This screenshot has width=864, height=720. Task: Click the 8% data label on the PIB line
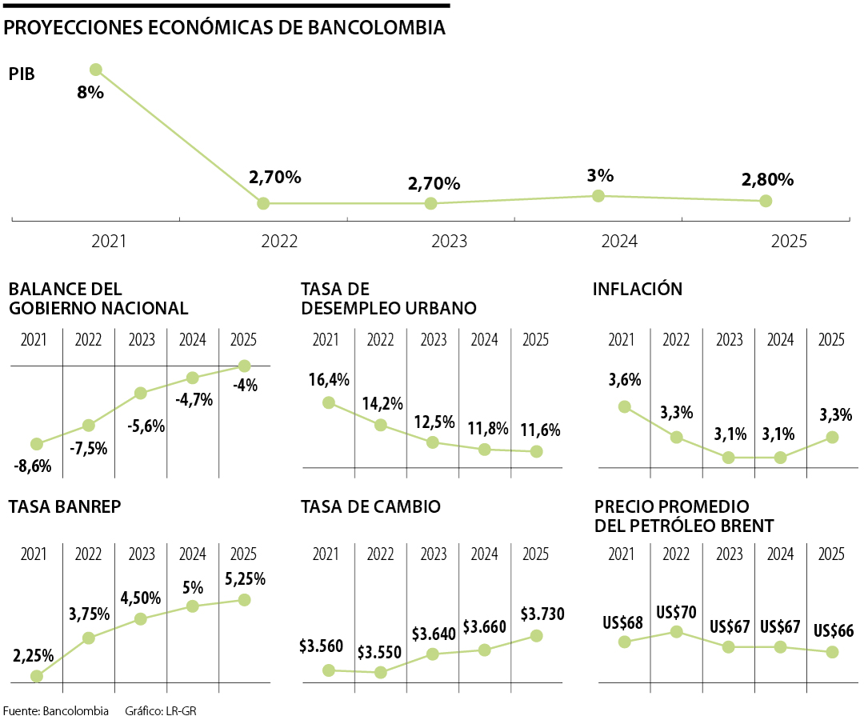(90, 92)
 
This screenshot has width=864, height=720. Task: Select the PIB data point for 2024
(598, 195)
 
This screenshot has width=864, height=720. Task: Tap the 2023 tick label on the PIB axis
(449, 241)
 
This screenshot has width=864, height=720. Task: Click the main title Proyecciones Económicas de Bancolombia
(225, 28)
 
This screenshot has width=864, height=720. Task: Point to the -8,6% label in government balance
(32, 465)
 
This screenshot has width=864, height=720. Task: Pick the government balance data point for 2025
(245, 366)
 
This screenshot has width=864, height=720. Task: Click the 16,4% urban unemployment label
(329, 380)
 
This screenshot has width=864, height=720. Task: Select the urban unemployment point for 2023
(433, 442)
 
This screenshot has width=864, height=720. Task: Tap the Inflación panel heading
(638, 289)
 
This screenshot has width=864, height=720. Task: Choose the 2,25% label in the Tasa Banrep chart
(34, 656)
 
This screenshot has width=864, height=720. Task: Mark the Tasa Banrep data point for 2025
(245, 599)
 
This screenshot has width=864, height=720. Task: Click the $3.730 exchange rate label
(542, 614)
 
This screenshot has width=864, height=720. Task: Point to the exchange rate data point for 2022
(381, 672)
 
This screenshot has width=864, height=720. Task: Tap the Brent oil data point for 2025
(833, 652)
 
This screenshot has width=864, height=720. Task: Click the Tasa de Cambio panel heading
(370, 506)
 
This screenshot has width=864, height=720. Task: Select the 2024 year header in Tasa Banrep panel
(193, 554)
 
